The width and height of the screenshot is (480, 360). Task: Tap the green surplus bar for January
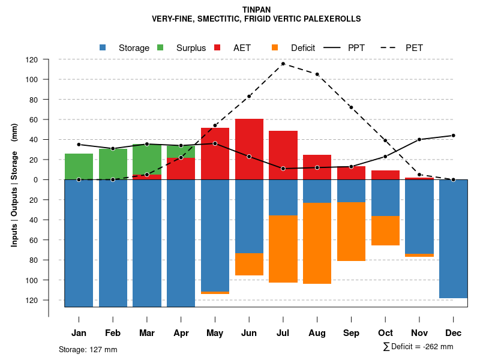(x=79, y=166)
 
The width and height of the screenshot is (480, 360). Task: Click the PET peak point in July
(x=283, y=64)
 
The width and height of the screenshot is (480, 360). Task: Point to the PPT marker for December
(x=453, y=136)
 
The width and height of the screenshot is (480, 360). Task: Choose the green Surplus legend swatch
(x=160, y=48)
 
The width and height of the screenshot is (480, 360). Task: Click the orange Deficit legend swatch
(x=275, y=48)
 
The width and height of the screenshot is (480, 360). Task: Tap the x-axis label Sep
(x=351, y=333)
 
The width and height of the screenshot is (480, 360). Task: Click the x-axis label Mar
(x=147, y=333)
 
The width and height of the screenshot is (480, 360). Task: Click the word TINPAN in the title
(x=256, y=10)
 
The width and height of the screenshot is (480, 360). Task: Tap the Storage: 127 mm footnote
(x=88, y=349)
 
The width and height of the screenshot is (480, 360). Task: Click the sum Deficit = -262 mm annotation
(x=418, y=347)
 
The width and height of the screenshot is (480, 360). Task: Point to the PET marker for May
(x=215, y=125)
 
